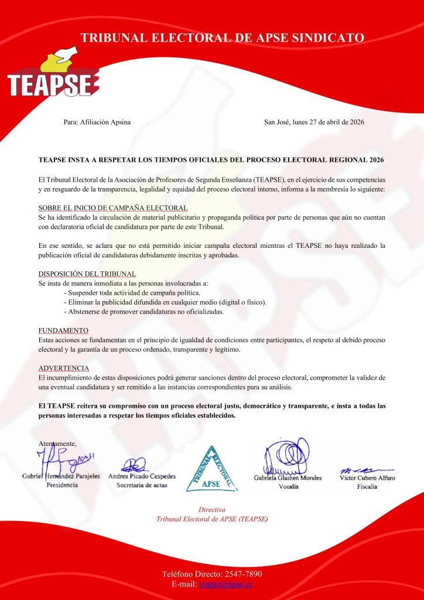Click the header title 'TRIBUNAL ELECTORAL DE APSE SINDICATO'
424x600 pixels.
click(223, 38)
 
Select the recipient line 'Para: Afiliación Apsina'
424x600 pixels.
click(97, 122)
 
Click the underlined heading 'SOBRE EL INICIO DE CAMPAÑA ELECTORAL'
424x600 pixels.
click(113, 207)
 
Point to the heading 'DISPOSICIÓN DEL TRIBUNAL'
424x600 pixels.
click(87, 274)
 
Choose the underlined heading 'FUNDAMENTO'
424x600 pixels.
click(63, 330)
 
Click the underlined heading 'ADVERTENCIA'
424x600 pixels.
click(64, 368)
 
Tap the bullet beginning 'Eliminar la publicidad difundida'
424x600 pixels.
click(165, 302)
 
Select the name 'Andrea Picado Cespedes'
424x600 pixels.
click(142, 476)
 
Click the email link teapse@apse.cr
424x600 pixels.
click(225, 584)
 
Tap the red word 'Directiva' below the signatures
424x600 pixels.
click(211, 510)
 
